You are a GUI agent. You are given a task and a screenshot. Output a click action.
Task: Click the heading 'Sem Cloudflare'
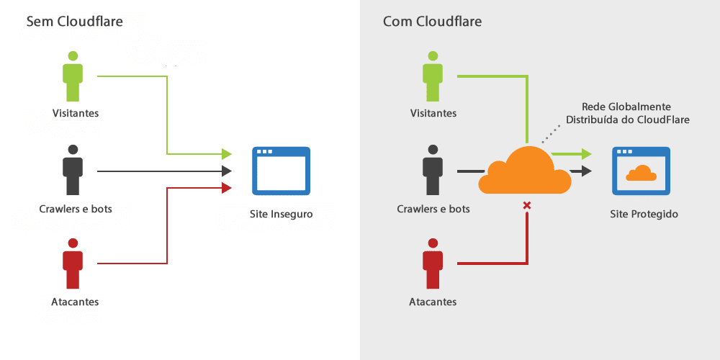point(74,22)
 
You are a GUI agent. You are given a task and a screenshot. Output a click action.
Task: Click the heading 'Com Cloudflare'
point(432,22)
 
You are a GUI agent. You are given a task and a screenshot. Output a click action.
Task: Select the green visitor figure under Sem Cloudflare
point(73,76)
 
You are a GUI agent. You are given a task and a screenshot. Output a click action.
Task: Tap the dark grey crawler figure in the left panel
point(73,170)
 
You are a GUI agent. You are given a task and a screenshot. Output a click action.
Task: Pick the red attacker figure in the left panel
point(73,264)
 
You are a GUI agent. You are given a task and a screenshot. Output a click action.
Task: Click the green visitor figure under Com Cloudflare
point(432,76)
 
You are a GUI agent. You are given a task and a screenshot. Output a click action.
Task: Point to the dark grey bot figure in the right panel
point(432,170)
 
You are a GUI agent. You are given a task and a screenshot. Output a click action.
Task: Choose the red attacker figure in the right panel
point(432,264)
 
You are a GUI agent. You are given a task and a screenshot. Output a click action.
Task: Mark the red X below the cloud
point(527,206)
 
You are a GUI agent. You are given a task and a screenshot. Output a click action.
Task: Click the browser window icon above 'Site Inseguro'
point(281,171)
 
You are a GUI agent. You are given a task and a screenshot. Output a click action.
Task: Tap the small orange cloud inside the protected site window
point(641,173)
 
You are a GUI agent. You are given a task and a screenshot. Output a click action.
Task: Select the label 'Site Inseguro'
point(281,214)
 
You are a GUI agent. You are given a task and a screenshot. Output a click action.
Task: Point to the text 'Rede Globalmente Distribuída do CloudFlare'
point(628,113)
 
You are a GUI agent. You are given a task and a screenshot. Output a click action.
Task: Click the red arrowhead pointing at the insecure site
point(226,188)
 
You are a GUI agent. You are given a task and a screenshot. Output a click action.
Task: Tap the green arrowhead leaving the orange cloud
point(586,153)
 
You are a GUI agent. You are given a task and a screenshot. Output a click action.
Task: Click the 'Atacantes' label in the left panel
point(75,302)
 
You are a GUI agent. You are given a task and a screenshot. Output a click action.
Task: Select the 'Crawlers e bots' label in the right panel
point(433,209)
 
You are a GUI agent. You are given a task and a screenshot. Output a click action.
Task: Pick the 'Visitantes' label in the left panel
point(75,113)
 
